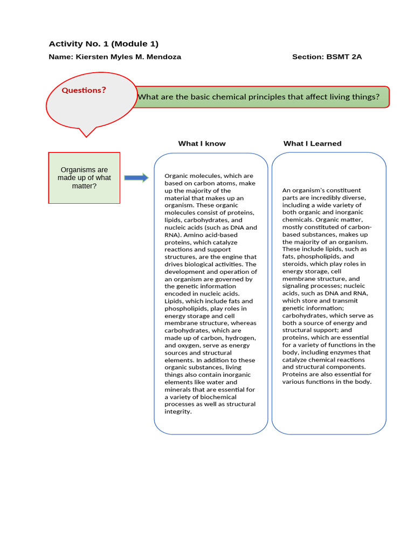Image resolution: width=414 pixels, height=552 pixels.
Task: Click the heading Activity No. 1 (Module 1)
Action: (x=103, y=44)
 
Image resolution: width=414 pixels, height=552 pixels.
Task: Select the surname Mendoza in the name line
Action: (x=164, y=57)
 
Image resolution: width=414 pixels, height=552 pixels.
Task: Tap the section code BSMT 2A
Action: (x=344, y=57)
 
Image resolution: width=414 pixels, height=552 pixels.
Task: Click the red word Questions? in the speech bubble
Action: (x=84, y=90)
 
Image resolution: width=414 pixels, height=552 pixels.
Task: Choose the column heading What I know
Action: (x=202, y=143)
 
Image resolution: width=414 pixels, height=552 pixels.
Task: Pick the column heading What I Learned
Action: (x=312, y=143)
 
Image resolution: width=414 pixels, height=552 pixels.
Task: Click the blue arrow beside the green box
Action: (x=136, y=178)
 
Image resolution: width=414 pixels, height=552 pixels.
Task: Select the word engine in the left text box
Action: (x=232, y=257)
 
